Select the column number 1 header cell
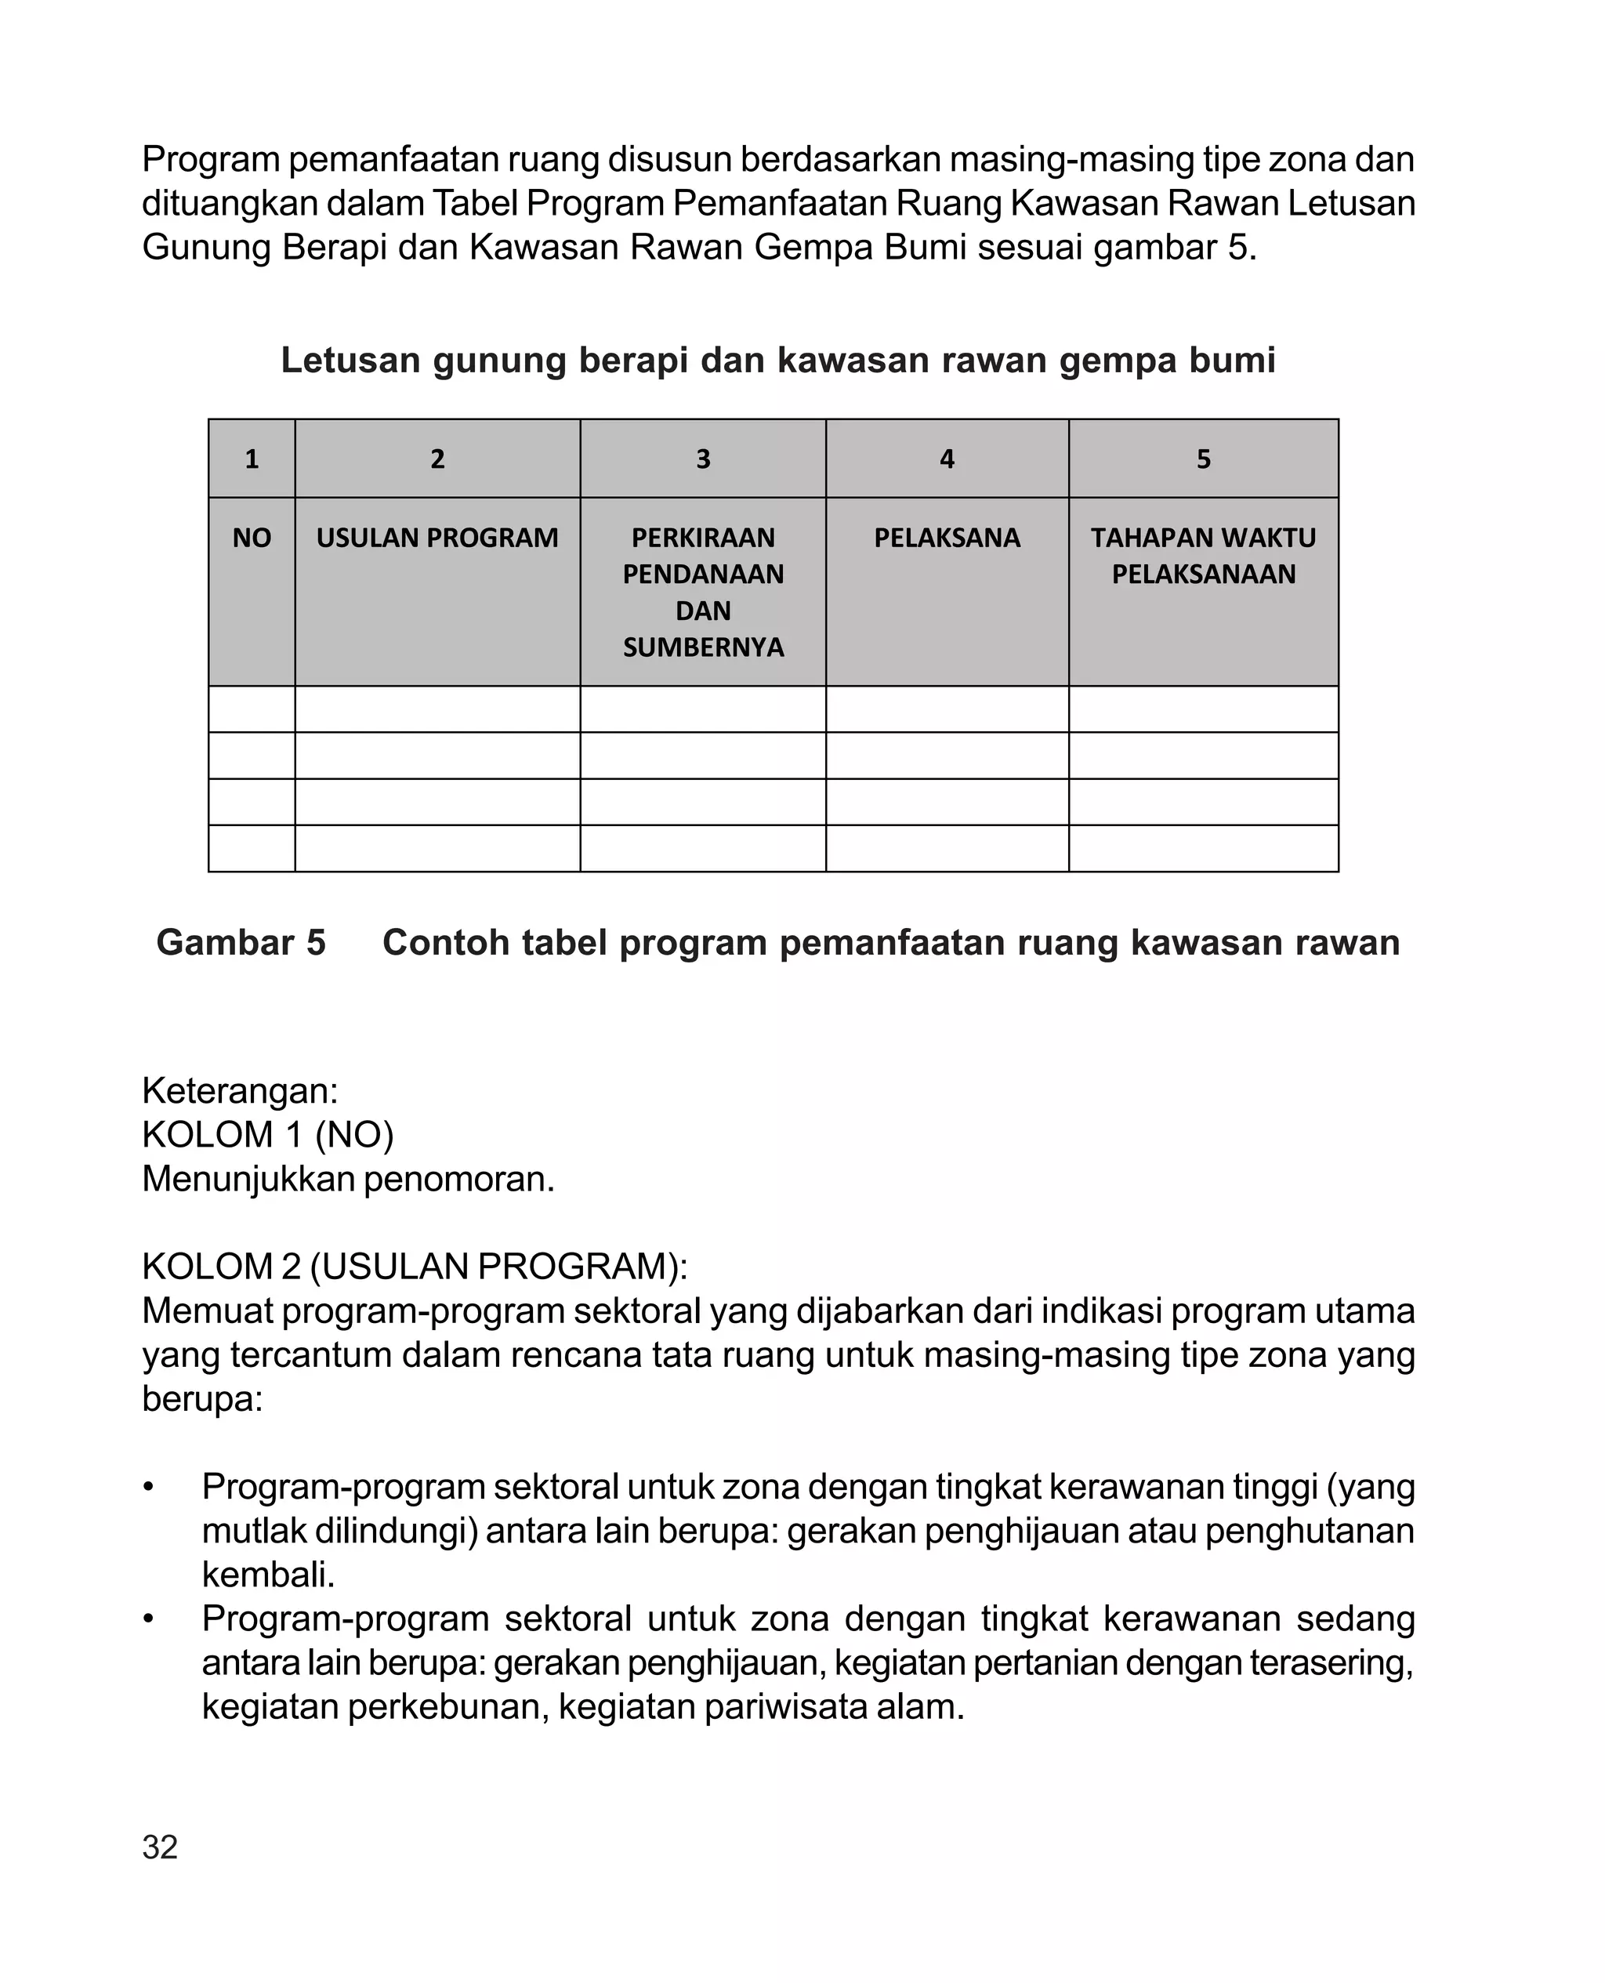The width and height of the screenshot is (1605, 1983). click(x=252, y=459)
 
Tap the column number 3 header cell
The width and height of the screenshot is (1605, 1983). click(x=703, y=459)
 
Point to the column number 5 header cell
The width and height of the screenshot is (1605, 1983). click(x=1203, y=459)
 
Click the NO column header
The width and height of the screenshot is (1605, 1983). click(x=252, y=537)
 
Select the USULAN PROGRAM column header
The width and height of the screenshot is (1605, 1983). click(x=437, y=537)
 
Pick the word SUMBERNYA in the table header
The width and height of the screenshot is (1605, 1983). click(x=703, y=647)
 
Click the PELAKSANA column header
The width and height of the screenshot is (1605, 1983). click(x=947, y=537)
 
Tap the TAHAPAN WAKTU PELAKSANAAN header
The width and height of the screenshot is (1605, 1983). click(x=1203, y=555)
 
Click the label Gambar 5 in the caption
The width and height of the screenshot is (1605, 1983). click(x=241, y=942)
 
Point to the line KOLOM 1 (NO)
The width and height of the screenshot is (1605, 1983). click(x=268, y=1134)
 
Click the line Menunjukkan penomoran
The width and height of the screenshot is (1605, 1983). click(x=348, y=1179)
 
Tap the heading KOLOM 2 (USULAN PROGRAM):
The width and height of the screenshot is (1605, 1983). click(x=415, y=1267)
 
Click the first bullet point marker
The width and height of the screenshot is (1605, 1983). click(x=148, y=1488)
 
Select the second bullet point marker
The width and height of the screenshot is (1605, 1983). click(x=148, y=1619)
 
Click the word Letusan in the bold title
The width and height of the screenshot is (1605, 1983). click(x=349, y=361)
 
